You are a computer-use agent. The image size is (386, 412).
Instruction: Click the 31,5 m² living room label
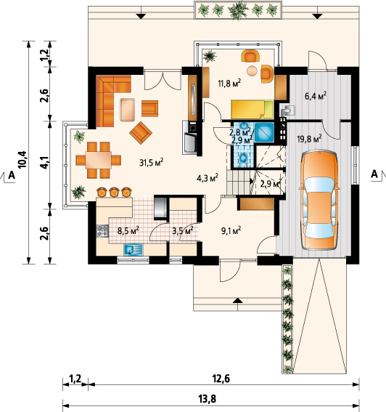[151, 163]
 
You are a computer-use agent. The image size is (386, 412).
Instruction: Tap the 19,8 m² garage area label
[309, 138]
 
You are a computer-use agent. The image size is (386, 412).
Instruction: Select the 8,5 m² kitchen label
[128, 231]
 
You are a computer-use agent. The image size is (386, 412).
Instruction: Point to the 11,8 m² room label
[229, 83]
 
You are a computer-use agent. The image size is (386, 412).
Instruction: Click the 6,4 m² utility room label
[315, 96]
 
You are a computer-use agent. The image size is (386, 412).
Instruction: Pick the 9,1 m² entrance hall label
[231, 230]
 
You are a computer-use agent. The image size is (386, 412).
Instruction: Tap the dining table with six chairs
[99, 160]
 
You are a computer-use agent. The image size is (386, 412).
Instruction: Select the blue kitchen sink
[133, 249]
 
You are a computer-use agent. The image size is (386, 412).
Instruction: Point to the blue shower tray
[264, 133]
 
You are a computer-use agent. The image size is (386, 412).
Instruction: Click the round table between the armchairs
[252, 70]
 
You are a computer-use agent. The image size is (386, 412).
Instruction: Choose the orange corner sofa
[110, 97]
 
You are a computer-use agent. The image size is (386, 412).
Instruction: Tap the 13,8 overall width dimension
[209, 399]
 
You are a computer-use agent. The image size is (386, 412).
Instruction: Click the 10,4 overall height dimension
[22, 159]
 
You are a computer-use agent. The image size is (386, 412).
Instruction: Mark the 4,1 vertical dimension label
[44, 162]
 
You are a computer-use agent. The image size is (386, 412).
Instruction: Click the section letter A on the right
[374, 174]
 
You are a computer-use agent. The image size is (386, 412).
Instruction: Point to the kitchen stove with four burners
[102, 231]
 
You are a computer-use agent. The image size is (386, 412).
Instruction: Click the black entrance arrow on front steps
[237, 300]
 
